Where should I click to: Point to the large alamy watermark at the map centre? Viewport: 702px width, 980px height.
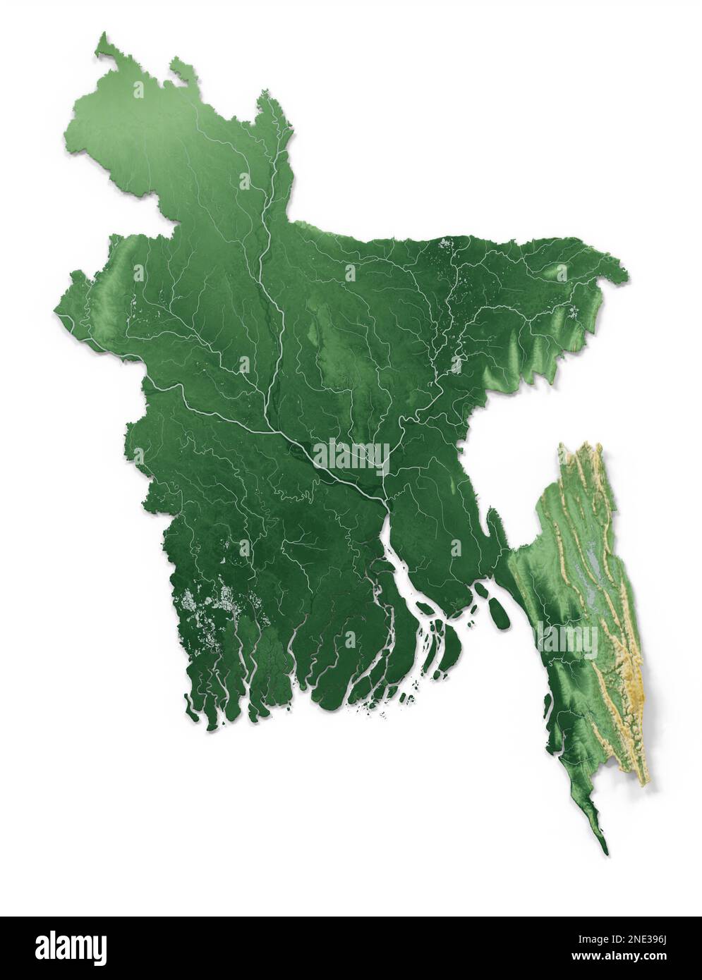[x=351, y=456]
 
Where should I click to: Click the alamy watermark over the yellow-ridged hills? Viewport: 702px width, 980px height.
[x=567, y=639]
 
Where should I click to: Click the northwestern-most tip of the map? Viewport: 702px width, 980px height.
[x=103, y=33]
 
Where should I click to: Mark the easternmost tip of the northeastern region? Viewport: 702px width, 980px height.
[x=626, y=271]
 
